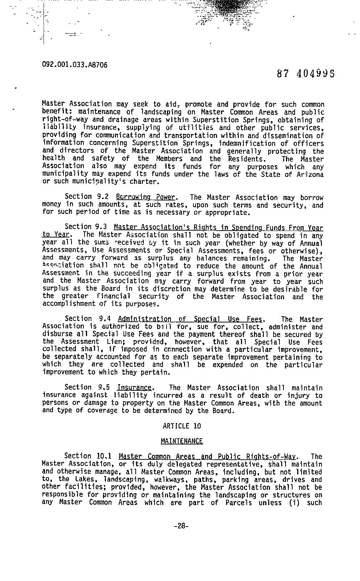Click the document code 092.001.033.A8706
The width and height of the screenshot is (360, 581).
tap(75, 65)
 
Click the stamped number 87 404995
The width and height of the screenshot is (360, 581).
tap(305, 74)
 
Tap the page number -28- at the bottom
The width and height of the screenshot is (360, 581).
tap(181, 525)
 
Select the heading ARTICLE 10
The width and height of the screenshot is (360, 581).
tap(182, 426)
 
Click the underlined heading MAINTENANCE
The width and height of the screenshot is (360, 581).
tap(182, 441)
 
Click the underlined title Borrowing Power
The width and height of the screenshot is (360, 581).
tap(146, 198)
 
